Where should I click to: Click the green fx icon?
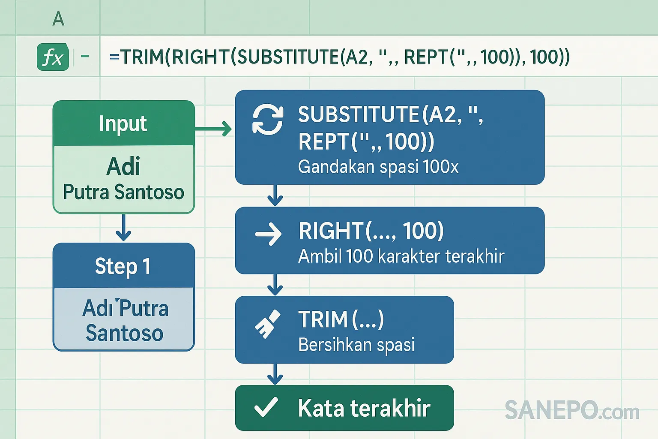pos(53,57)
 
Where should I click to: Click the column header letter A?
pos(58,19)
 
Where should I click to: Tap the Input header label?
pos(123,123)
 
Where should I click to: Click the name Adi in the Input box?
pos(123,166)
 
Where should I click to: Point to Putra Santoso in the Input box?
pos(123,192)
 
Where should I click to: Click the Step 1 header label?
pos(123,266)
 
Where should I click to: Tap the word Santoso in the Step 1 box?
pos(124,333)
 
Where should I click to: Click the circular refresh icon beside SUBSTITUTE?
pos(268,120)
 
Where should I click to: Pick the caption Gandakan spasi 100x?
pos(378,167)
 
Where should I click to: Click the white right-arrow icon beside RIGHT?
pos(268,235)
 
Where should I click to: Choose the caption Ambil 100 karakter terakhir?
pos(401,256)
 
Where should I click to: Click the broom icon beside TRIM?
pos(267,324)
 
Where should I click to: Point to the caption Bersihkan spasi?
pos(356,345)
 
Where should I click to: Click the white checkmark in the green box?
pos(266,407)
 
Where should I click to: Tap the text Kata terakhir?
pos(364,408)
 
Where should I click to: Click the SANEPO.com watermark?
pos(571,410)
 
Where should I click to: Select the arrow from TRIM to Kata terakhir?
pos(275,374)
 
